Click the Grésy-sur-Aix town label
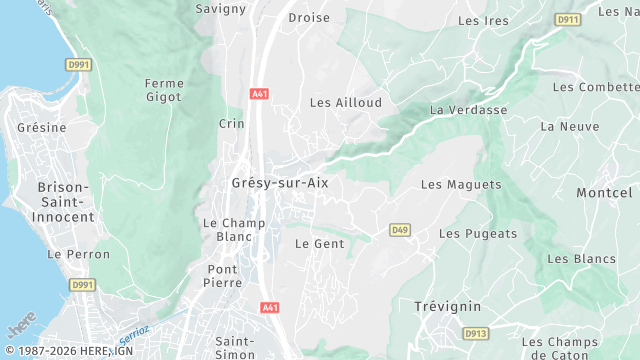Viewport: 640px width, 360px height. [x=280, y=184]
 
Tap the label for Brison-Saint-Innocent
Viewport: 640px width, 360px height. [x=65, y=202]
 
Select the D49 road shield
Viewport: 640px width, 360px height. [x=400, y=230]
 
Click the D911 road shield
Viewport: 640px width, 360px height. [x=568, y=19]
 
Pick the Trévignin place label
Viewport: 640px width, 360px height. [x=448, y=306]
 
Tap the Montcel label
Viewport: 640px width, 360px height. [x=604, y=192]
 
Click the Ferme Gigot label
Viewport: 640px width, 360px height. [x=163, y=90]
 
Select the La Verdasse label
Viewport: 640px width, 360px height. [x=468, y=110]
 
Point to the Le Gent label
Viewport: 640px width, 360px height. [x=319, y=244]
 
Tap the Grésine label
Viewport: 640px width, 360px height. [x=42, y=128]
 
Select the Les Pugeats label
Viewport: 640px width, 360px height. [x=478, y=234]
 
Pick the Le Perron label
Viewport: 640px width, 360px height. [x=78, y=255]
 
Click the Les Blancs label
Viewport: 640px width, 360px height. [x=581, y=259]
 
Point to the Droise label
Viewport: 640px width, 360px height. [x=309, y=18]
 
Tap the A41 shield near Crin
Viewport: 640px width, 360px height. [x=260, y=94]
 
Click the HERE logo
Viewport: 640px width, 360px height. [x=19, y=325]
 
